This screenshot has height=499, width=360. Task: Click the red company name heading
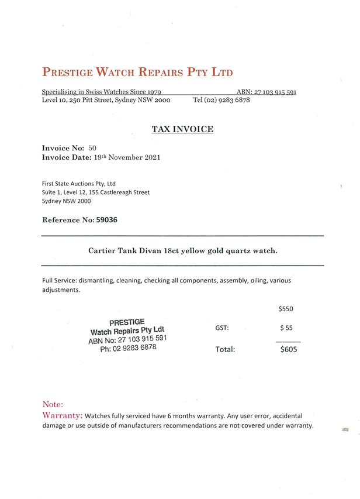coord(137,73)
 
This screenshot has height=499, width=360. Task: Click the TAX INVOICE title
coord(182,129)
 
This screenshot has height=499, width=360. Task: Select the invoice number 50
coord(92,148)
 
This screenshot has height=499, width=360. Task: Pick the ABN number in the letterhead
coord(275,92)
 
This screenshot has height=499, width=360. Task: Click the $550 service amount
coord(285,308)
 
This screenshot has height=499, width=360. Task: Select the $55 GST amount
coord(286,328)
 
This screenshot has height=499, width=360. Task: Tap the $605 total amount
coord(289,349)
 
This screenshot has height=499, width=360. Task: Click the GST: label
coord(222,328)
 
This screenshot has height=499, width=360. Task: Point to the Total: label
coord(226,350)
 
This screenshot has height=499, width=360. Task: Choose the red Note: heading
coord(53,404)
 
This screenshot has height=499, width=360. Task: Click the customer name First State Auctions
coord(79,183)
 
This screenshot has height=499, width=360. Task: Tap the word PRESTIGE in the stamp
coord(127,322)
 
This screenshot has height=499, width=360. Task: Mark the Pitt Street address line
coord(106,100)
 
